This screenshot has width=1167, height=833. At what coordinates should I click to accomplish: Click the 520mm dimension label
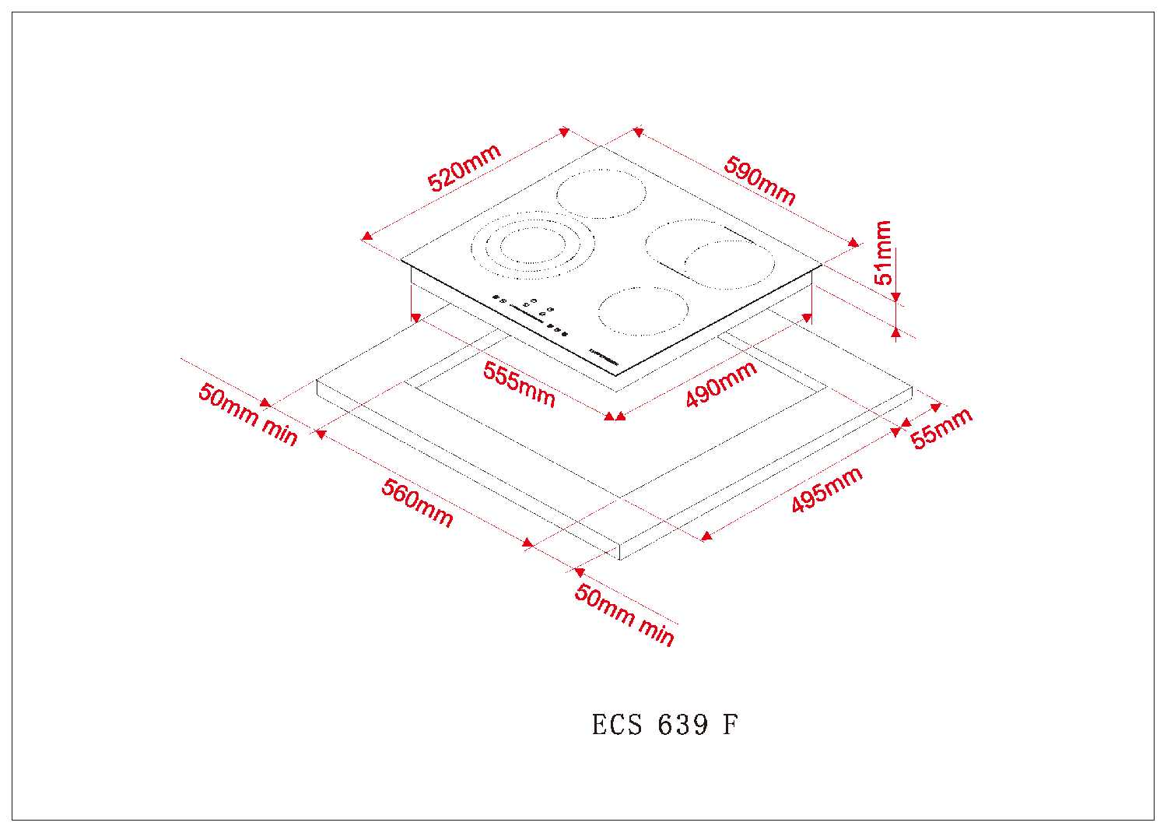464,168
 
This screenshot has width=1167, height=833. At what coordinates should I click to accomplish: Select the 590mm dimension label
759,181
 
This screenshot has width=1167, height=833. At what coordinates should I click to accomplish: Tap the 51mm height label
884,252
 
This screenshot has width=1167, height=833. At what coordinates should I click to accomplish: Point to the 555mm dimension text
519,385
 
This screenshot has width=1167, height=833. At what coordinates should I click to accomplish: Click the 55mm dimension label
941,428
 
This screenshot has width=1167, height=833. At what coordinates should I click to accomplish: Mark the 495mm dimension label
826,490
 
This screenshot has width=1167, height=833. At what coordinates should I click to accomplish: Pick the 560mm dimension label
417,503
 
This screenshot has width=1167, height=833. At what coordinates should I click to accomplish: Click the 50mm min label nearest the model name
624,614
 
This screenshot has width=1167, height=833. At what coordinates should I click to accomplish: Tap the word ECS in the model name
617,726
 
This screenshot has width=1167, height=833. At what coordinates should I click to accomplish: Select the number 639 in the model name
683,726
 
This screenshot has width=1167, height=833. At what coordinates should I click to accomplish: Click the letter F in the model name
730,726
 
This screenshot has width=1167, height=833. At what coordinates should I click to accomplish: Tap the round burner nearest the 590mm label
601,194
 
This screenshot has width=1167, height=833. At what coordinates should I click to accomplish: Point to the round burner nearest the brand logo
644,311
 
